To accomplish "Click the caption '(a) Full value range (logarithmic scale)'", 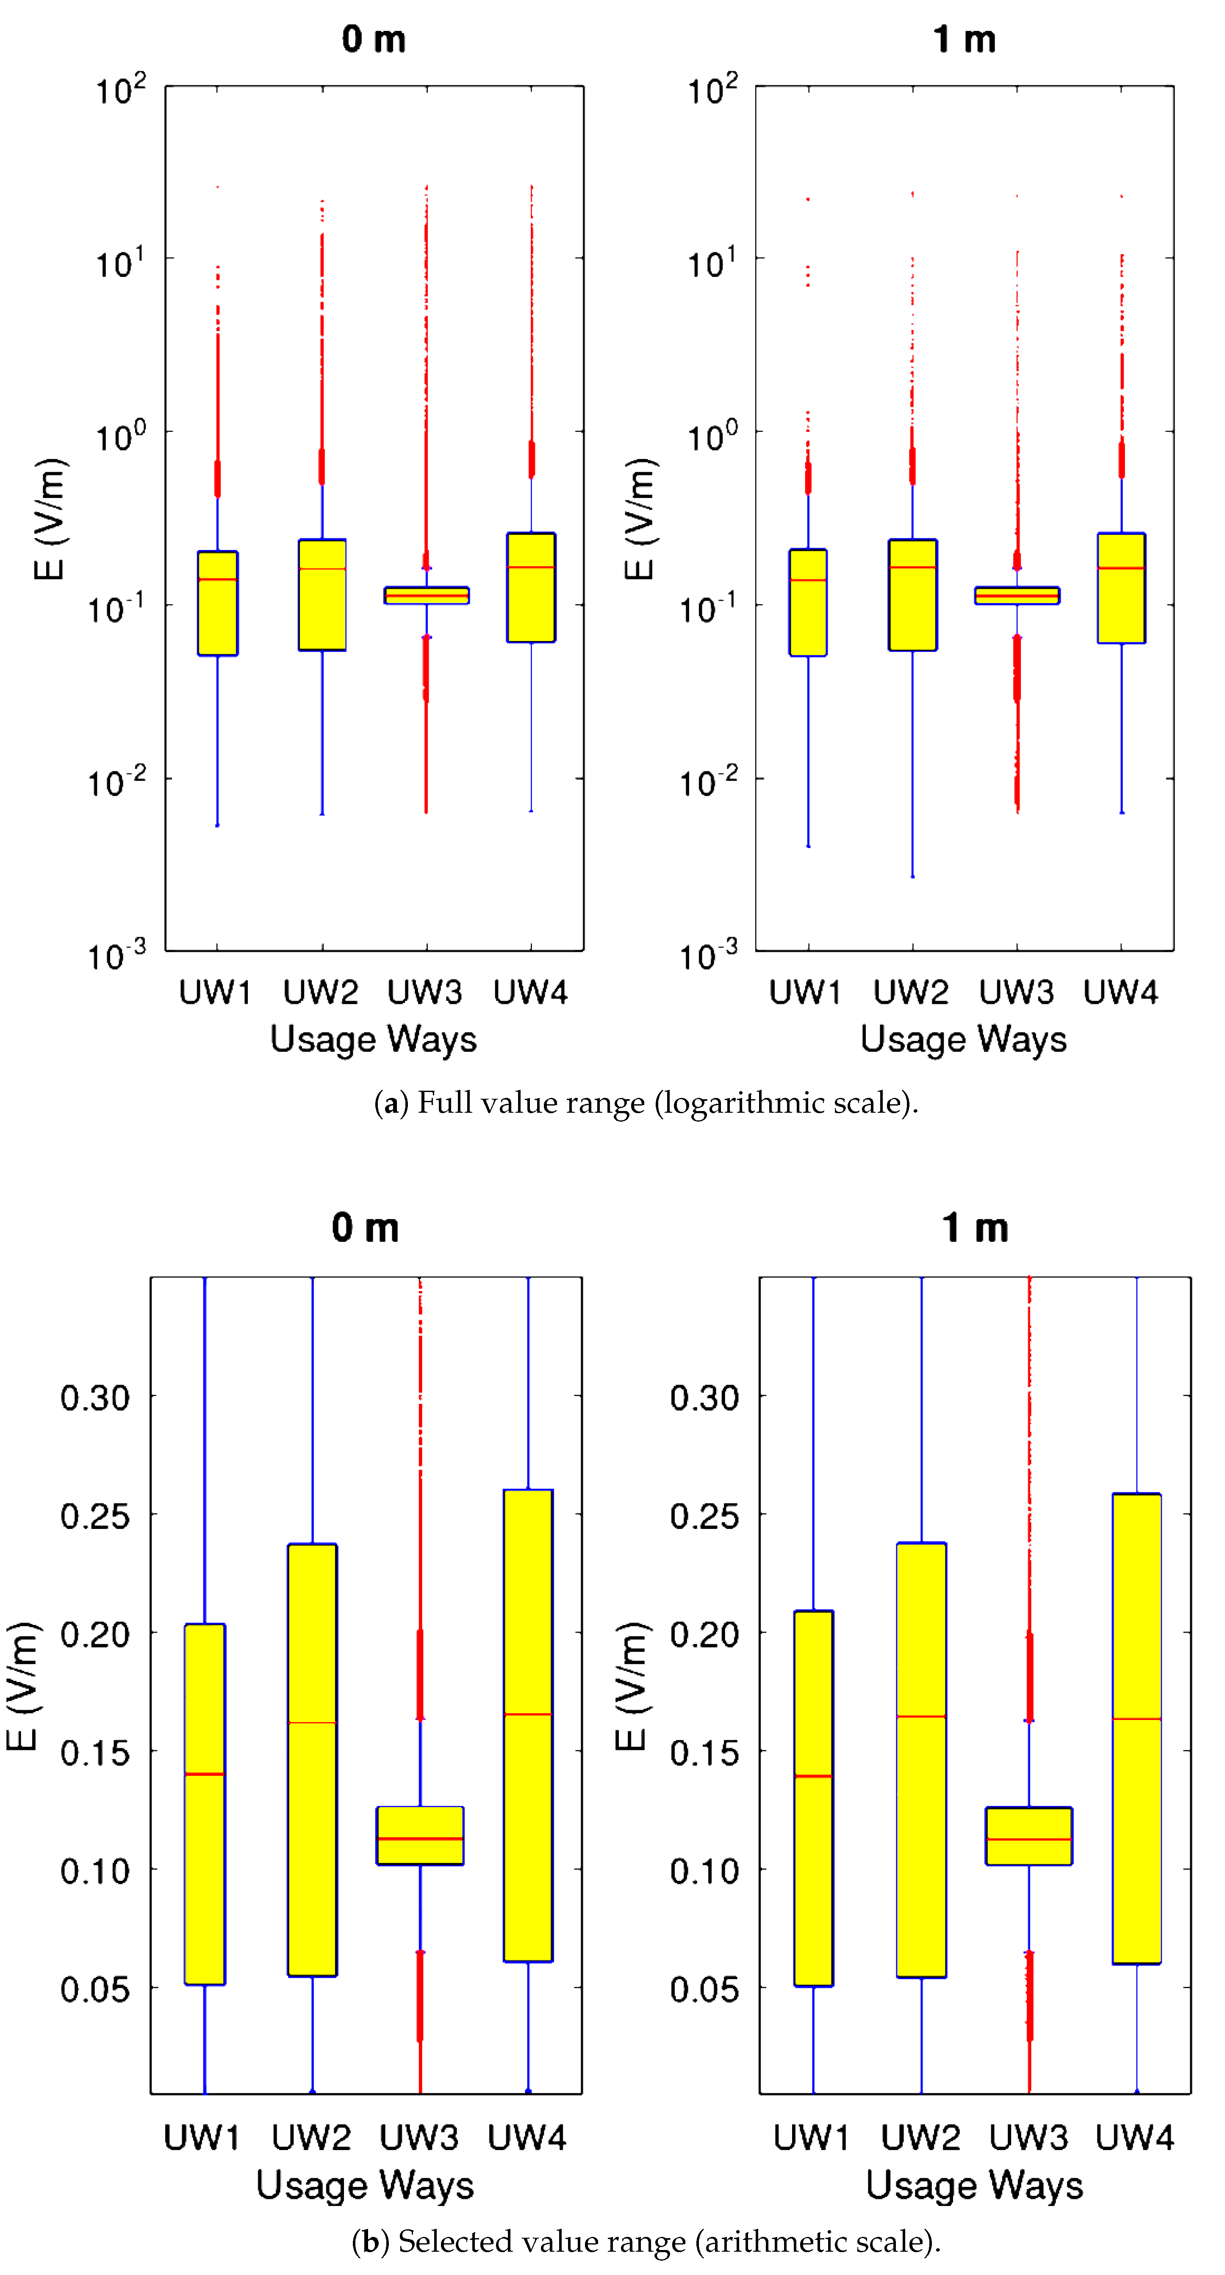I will (646, 1103).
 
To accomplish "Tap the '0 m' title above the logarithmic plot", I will (374, 40).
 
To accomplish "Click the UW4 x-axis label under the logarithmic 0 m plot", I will (530, 992).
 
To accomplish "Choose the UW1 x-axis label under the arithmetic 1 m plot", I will (811, 2137).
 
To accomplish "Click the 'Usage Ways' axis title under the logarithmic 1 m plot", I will (964, 1039).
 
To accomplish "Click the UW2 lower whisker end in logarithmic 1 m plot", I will (912, 876).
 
